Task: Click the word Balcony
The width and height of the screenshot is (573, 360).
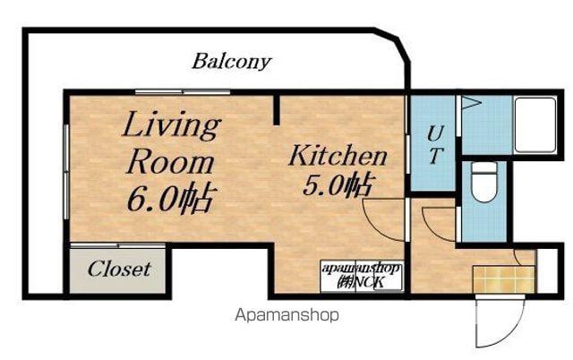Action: (x=232, y=62)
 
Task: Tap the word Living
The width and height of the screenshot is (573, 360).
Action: (x=172, y=126)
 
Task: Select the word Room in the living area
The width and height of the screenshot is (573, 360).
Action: (x=170, y=163)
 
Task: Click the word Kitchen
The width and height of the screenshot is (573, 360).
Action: (x=338, y=156)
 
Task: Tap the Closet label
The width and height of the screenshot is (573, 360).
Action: (x=119, y=270)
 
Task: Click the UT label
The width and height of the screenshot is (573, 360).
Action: (x=435, y=144)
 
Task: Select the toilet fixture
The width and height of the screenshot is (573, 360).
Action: (x=483, y=182)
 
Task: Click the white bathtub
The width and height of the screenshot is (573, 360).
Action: (x=535, y=125)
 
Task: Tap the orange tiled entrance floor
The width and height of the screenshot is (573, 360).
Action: (x=504, y=279)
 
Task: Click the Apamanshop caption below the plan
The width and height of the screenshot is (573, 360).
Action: (x=286, y=314)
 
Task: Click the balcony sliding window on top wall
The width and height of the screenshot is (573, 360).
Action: (x=183, y=91)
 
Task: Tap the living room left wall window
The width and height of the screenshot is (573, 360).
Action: (x=66, y=172)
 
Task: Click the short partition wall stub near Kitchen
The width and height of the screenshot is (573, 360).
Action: (x=277, y=109)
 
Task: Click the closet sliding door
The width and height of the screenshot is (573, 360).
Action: (x=117, y=245)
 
